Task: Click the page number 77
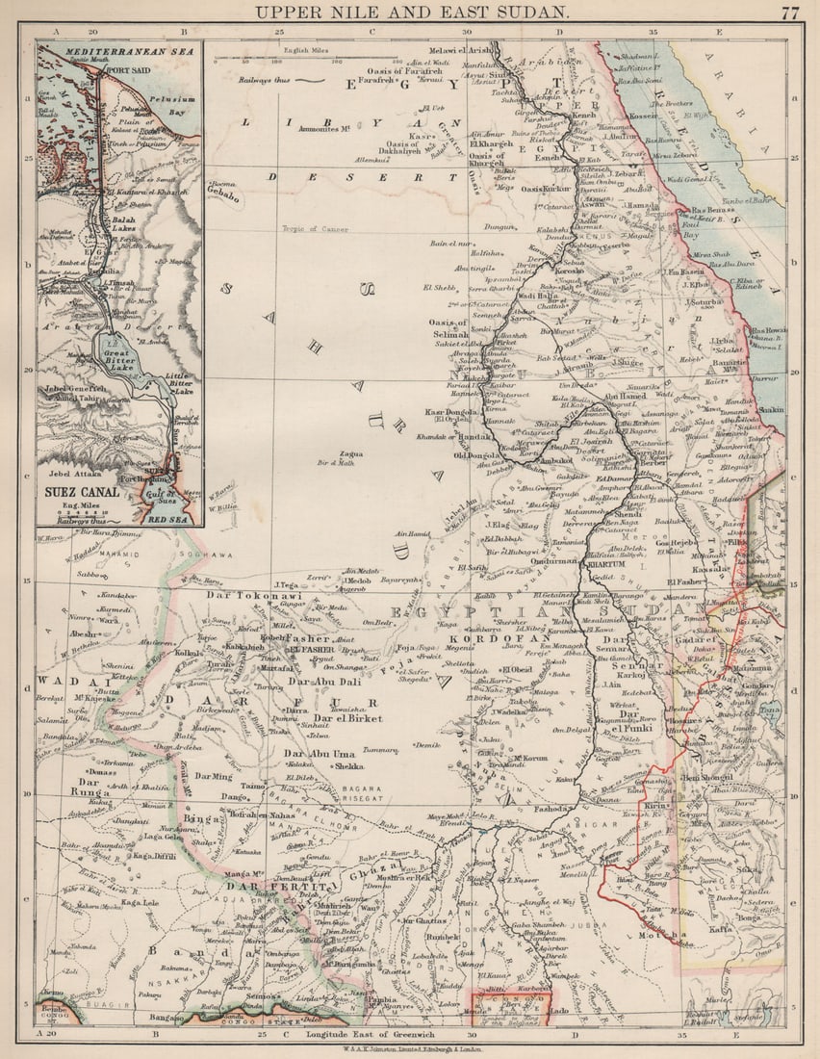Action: pos(789,13)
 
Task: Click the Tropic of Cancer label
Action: pos(315,229)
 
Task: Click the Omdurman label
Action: pos(551,561)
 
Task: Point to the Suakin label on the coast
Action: pos(771,409)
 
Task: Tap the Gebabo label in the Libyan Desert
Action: pos(222,194)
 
